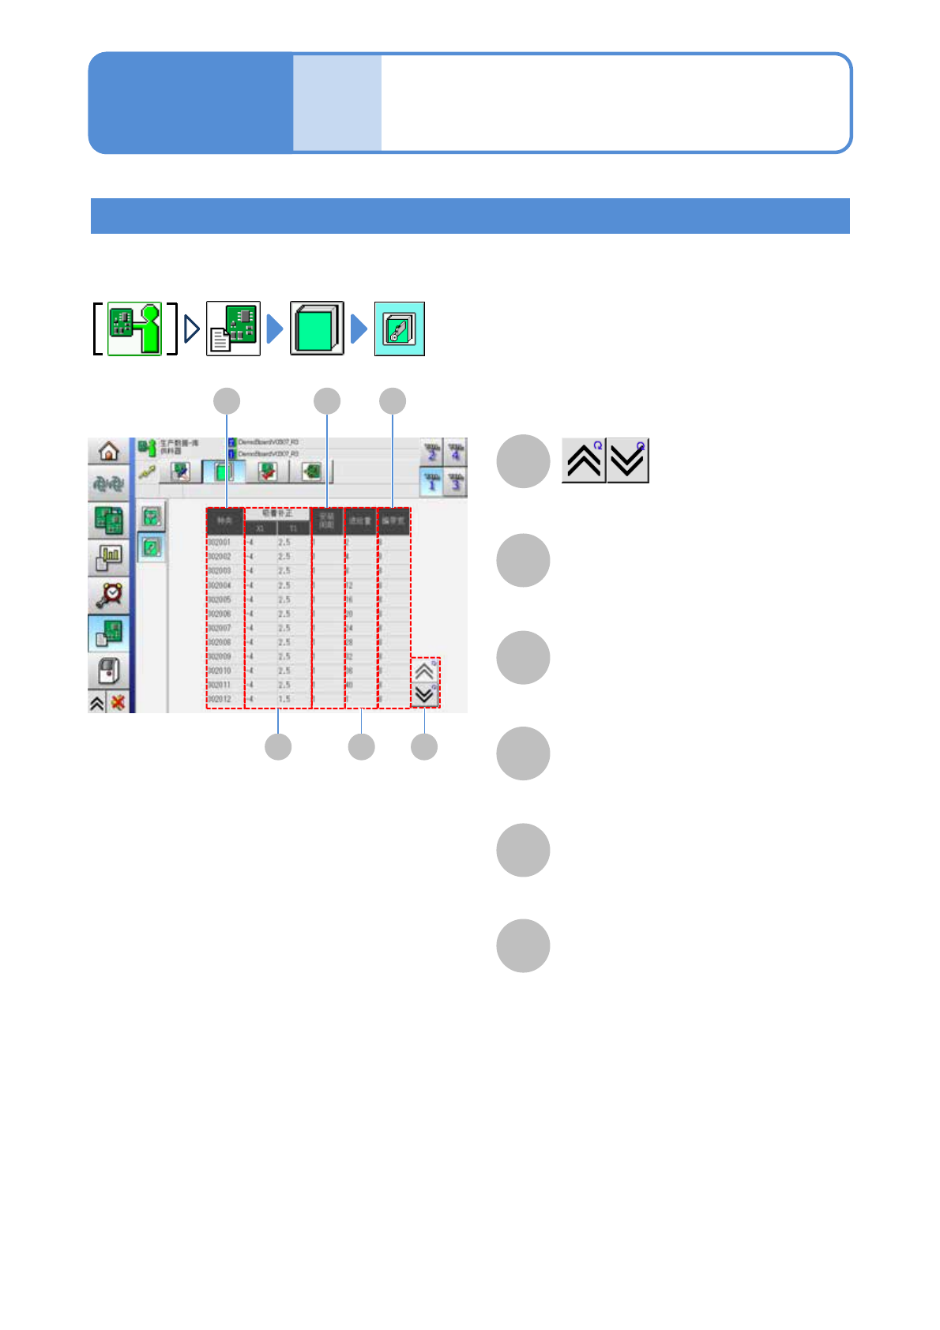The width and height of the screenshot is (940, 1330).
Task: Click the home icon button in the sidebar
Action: pos(108,451)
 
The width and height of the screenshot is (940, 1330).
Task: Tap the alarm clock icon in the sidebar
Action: pos(110,595)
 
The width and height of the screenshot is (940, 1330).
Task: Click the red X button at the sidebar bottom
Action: pos(118,702)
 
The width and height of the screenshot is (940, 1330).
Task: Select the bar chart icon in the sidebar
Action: pos(109,558)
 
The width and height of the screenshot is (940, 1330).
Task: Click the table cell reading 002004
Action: pos(220,585)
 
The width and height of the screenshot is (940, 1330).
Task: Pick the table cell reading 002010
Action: pos(220,671)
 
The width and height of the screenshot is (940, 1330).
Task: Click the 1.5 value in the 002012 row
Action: pos(284,699)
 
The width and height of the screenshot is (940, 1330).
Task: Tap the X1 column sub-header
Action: pos(260,528)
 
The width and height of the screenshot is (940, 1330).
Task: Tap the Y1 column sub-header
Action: pos(293,528)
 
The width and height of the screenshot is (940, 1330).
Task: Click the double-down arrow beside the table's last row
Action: pos(424,695)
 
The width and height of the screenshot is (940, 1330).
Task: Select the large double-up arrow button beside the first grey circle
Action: pos(584,460)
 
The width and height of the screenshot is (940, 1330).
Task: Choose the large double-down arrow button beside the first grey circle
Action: pos(628,460)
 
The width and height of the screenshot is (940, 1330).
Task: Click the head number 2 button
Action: pos(431,453)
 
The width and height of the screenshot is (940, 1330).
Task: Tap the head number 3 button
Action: pos(456,482)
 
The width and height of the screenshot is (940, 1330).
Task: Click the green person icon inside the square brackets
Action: pos(134,329)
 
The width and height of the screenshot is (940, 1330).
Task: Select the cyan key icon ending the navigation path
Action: pos(399,329)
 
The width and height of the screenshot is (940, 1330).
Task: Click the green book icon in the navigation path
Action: pos(317,329)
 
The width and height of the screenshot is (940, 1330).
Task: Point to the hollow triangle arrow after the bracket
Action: pos(191,329)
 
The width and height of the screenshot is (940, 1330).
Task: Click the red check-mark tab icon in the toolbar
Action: pos(269,472)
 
